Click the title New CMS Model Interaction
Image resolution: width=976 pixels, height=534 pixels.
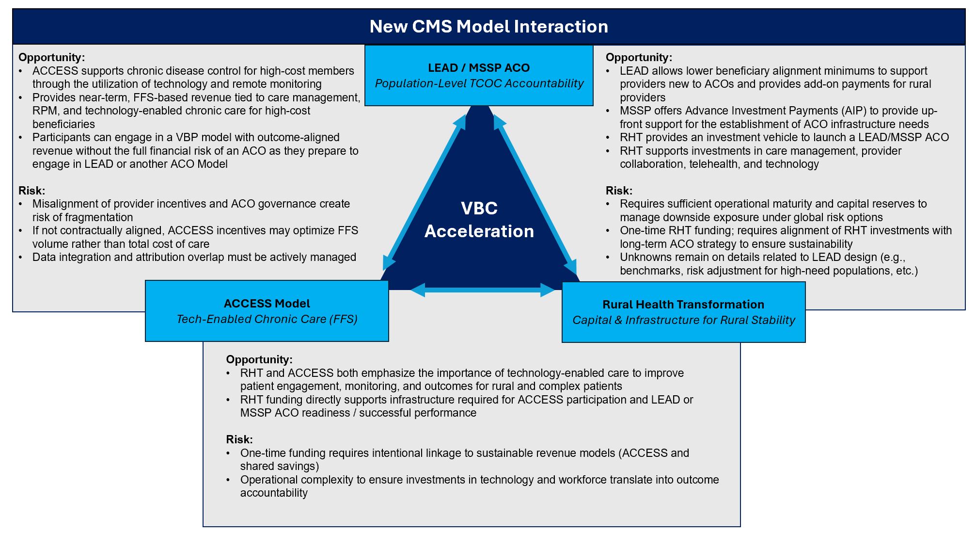(488, 27)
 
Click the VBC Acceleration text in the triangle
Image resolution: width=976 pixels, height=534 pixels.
(479, 220)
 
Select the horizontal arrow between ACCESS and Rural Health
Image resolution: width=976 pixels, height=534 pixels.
(483, 290)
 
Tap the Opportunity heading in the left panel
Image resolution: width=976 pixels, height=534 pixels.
(51, 57)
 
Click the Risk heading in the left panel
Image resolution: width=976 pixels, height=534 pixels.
(31, 191)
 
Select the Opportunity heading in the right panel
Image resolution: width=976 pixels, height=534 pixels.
(639, 57)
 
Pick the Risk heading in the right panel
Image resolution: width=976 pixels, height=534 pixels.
(619, 191)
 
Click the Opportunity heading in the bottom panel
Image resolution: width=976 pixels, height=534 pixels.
(259, 359)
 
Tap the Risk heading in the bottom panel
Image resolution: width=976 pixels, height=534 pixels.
(239, 439)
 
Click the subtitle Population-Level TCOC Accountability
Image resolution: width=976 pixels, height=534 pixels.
(479, 83)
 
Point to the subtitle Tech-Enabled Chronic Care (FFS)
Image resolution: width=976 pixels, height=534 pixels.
(267, 319)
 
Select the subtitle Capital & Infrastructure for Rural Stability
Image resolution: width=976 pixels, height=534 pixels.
(683, 320)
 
